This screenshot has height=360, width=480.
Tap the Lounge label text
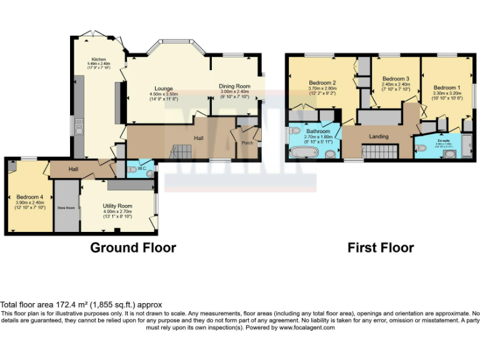(164, 89)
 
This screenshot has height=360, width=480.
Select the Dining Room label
(234, 86)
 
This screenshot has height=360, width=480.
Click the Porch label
(247, 142)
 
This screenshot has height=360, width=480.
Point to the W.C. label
(143, 168)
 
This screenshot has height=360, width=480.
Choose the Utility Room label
(117, 206)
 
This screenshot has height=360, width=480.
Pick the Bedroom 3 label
(395, 79)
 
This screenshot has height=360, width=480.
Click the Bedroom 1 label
(446, 87)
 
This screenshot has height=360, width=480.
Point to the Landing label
(379, 136)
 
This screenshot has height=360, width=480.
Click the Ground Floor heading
(133, 247)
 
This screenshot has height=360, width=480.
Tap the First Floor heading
(381, 247)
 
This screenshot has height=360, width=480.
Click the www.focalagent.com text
(307, 327)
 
